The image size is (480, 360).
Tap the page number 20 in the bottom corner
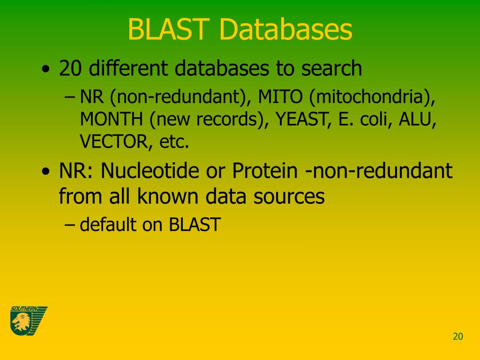coord(457,336)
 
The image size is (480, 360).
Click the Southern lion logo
coord(28,321)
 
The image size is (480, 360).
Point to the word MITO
coord(280,97)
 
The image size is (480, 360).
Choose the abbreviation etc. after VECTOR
coord(174,142)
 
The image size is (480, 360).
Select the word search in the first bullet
coord(331,68)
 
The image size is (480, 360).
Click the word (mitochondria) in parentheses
coord(373,97)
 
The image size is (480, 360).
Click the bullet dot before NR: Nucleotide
coord(45,172)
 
